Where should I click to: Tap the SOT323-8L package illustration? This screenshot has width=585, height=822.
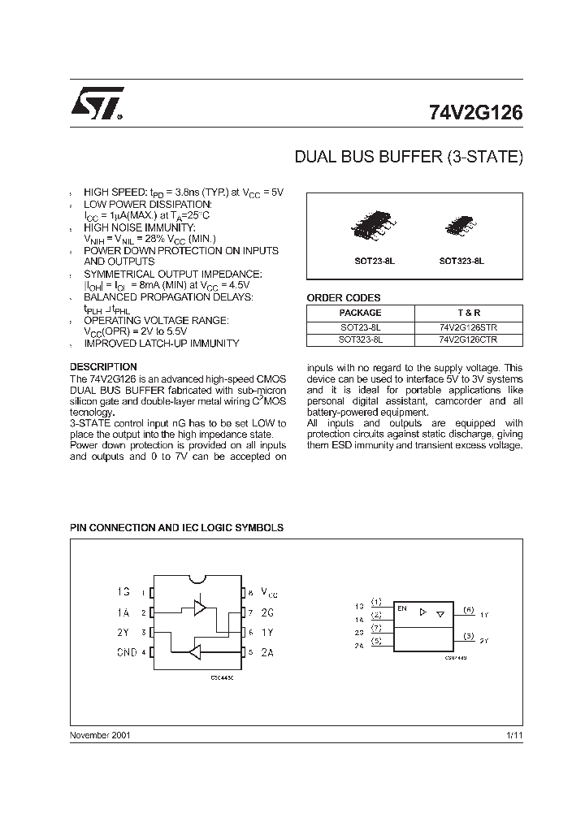coord(461,224)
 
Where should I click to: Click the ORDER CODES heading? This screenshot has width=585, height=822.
coord(343,298)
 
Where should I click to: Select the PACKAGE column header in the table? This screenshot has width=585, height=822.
coord(360,313)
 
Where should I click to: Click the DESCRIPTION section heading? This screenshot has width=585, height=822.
coord(103,367)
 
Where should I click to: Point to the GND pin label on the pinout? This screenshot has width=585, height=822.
coord(126,652)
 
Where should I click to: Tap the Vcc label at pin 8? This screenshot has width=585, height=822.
coord(268,594)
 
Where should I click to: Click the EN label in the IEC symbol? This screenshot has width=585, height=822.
coord(401,608)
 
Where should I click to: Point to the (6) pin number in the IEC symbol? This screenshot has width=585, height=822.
coord(468,608)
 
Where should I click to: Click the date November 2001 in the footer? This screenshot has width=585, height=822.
coord(100,735)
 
